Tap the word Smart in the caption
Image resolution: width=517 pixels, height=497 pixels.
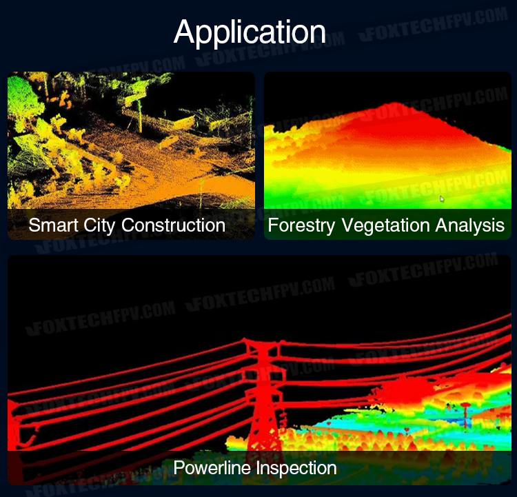[x=53, y=225]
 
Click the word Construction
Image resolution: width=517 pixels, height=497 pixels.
[x=173, y=225]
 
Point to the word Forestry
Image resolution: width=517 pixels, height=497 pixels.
[x=301, y=226]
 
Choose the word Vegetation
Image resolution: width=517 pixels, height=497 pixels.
[x=385, y=226]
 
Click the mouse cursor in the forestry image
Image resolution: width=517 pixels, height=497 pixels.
[x=442, y=199]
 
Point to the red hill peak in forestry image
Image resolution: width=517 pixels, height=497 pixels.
[x=396, y=105]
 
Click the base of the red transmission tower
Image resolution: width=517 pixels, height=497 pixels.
[x=265, y=447]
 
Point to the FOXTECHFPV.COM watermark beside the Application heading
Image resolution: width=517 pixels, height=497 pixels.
[x=434, y=23]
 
